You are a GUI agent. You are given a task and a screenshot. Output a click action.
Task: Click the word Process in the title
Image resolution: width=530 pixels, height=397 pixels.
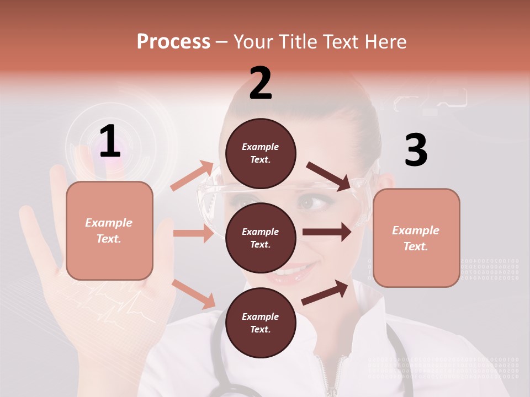coord(173,41)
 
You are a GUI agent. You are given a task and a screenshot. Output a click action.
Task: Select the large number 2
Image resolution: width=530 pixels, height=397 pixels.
coord(261,83)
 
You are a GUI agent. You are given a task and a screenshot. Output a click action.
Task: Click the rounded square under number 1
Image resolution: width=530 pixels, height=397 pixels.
coord(109,230)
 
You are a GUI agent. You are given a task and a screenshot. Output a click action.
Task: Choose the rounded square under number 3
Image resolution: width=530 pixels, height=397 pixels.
coord(416,238)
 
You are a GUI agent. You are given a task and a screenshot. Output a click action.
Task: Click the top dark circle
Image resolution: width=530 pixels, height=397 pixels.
coord(261,153)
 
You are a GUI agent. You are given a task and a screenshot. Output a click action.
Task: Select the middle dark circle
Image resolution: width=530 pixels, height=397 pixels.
coord(261,238)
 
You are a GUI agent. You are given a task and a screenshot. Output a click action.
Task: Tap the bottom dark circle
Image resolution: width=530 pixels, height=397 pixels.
coord(261,323)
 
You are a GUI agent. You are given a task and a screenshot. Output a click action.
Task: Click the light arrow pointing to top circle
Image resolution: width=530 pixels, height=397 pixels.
coord(192,176)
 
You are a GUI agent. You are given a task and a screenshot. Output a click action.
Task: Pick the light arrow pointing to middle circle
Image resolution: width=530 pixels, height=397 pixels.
coord(193,233)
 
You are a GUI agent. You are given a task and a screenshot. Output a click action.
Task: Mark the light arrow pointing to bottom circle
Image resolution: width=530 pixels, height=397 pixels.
coord(194,294)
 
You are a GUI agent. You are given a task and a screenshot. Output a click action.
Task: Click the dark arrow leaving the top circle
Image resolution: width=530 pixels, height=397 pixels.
coord(328,176)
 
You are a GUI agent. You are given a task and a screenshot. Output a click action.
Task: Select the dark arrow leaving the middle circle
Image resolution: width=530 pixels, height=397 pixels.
coord(327,232)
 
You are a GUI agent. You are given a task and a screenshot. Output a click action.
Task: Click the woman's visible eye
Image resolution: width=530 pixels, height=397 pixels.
coord(309,203)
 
